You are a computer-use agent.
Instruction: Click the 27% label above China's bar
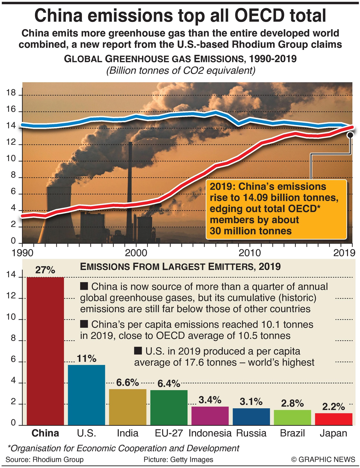point(45,270)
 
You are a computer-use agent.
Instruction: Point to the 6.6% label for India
point(128,382)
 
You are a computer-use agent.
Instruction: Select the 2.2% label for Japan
point(334,407)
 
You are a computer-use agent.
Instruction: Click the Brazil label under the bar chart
point(292,433)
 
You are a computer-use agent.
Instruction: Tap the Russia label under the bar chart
point(251,433)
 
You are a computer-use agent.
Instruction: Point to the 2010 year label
point(250,253)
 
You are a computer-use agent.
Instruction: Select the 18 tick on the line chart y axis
point(11,93)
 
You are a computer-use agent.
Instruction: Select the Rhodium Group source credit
point(45,460)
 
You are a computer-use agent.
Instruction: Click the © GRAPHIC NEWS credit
point(323,460)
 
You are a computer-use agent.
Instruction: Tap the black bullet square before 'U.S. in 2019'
point(138,351)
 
